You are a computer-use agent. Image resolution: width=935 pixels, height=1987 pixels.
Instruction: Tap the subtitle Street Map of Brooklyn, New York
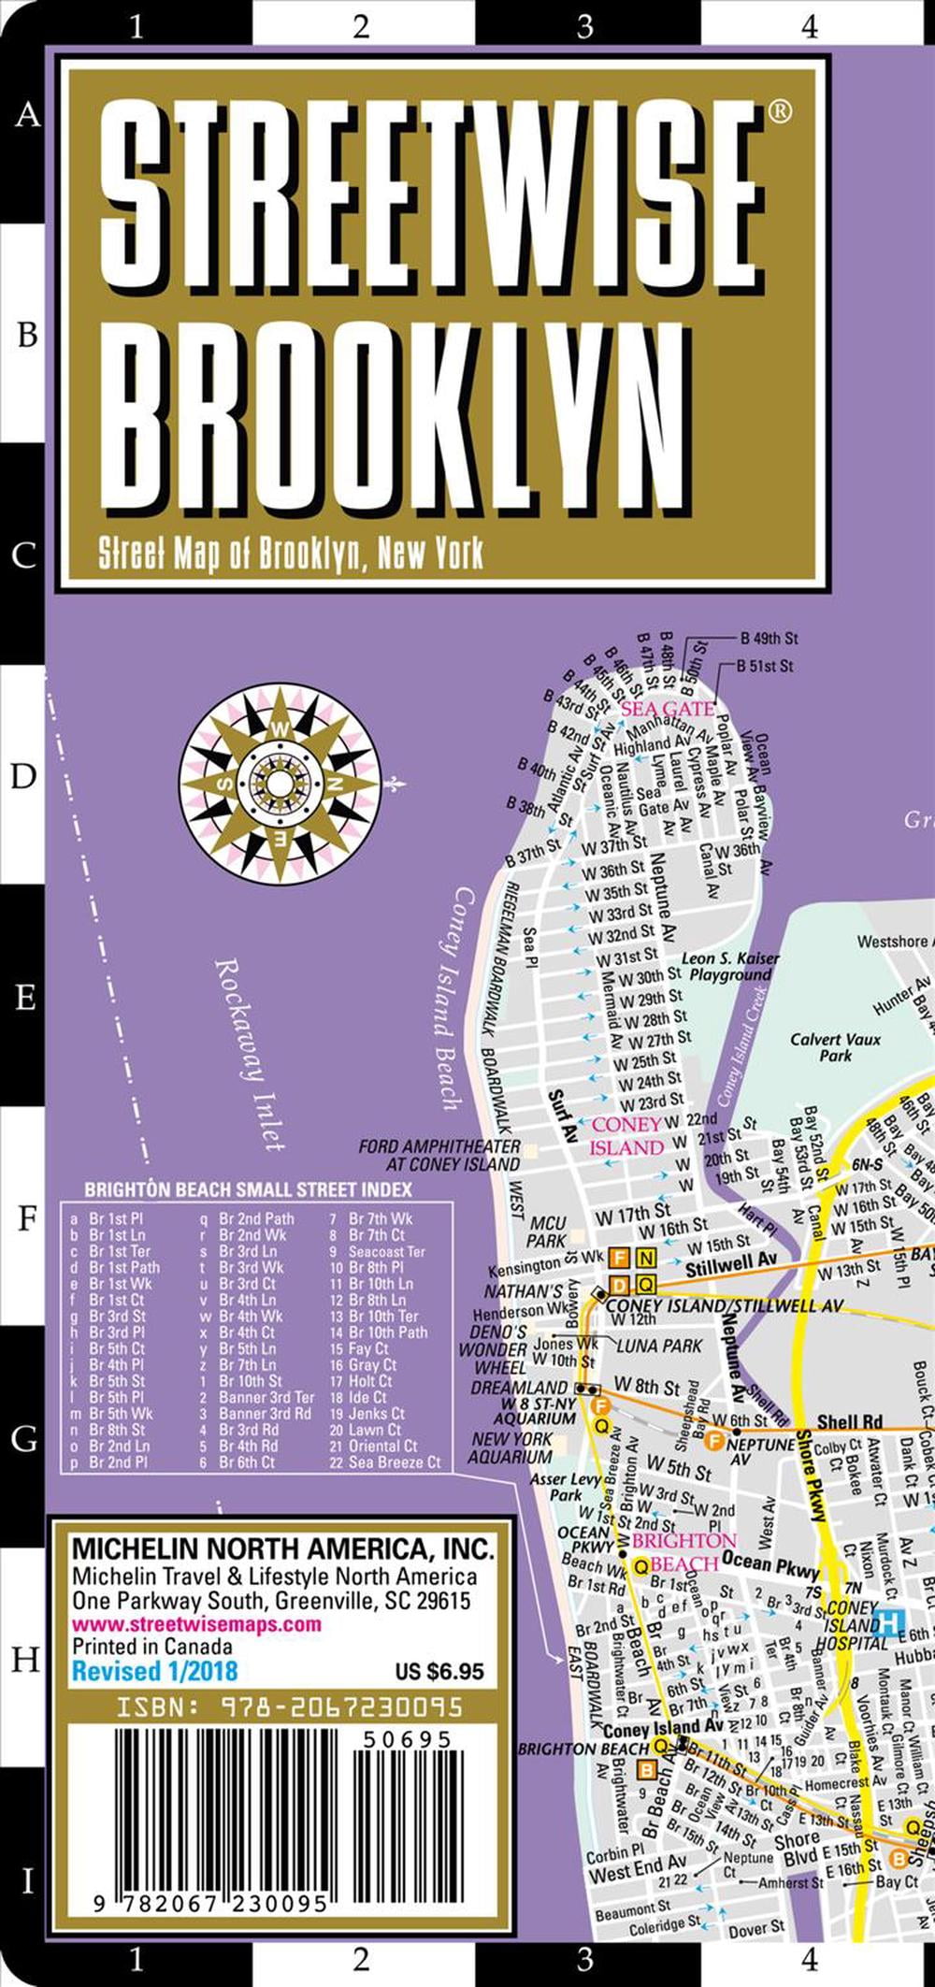click(291, 554)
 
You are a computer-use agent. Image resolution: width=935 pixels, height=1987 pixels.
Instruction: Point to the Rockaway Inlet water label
click(249, 1052)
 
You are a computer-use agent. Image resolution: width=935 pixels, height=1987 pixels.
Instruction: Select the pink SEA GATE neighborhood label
click(667, 708)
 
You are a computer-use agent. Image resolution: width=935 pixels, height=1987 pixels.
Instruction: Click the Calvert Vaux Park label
click(835, 1046)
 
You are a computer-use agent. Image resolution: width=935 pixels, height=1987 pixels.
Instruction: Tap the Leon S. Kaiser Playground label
click(730, 966)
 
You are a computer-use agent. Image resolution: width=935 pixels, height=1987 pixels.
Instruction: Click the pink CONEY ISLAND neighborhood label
click(627, 1135)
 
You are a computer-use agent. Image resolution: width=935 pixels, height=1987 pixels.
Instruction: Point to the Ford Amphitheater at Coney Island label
click(439, 1155)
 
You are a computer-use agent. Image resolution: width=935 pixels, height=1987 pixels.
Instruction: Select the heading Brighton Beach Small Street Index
click(248, 1190)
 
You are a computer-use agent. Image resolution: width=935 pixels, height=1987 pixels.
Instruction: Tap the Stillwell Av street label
click(731, 1265)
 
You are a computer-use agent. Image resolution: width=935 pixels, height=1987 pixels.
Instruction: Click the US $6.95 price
click(439, 1671)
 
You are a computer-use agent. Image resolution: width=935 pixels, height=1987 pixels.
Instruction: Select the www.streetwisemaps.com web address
click(197, 1624)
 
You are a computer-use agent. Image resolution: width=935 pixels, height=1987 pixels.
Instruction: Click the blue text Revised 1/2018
click(155, 1671)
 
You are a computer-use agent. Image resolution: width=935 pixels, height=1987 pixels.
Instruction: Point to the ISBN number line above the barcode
click(289, 1706)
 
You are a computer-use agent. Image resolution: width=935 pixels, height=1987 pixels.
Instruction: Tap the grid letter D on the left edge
click(23, 776)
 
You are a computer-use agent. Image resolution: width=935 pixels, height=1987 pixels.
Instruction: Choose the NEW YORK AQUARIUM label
click(511, 1447)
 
